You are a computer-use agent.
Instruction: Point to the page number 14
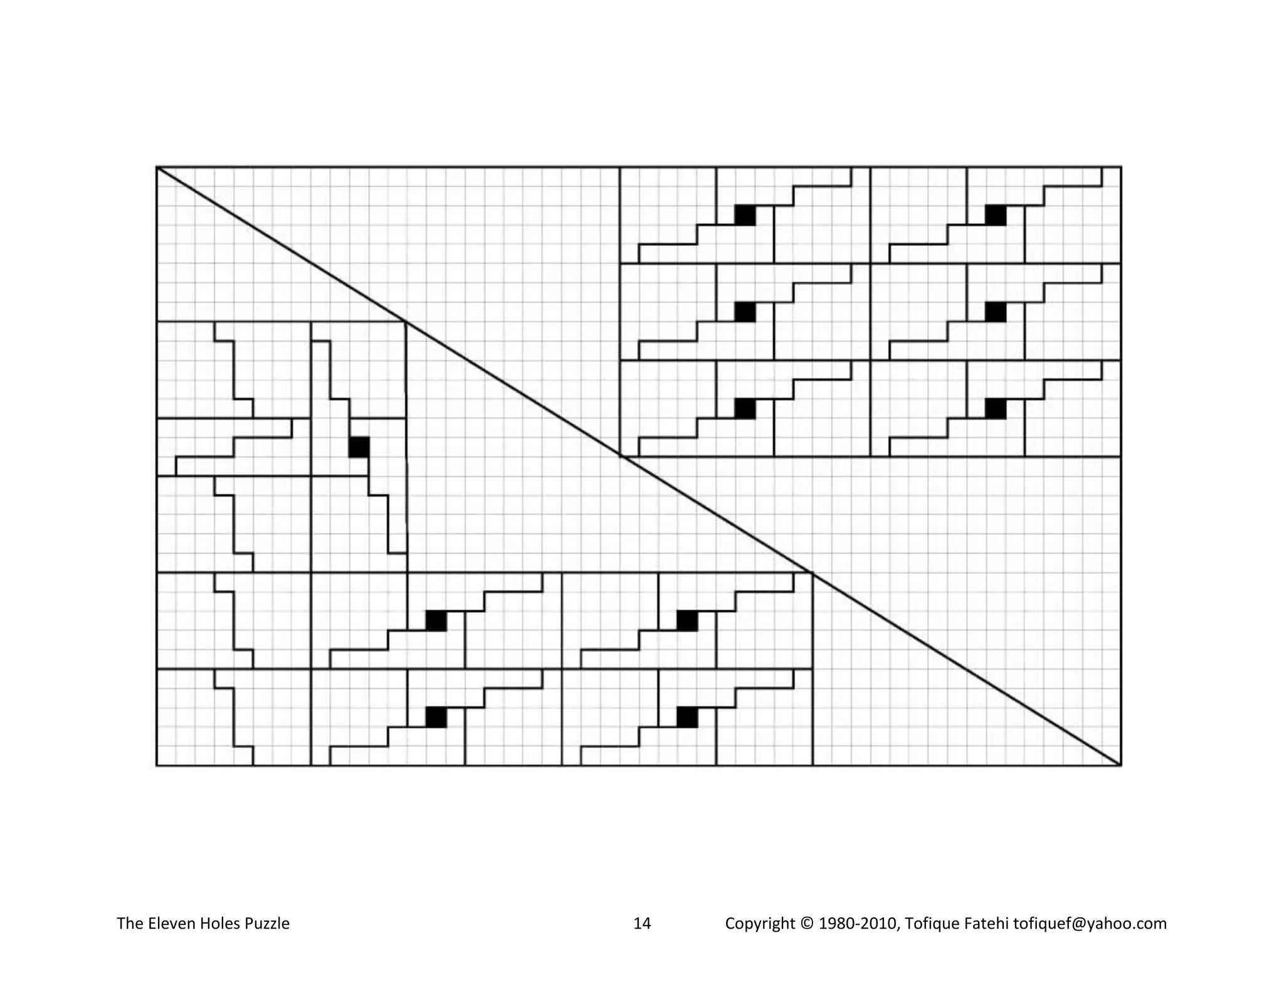click(x=642, y=924)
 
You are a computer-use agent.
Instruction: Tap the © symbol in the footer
click(x=806, y=924)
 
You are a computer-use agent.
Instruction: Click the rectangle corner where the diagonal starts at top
click(x=157, y=167)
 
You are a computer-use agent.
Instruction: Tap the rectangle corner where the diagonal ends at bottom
click(x=1120, y=765)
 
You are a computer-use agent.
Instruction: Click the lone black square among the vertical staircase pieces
click(x=359, y=447)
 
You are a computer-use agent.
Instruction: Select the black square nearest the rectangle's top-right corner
click(x=996, y=215)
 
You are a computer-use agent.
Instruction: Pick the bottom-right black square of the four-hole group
click(x=687, y=717)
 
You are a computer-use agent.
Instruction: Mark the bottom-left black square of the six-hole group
click(x=745, y=408)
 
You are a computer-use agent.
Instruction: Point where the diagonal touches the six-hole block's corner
click(x=620, y=456)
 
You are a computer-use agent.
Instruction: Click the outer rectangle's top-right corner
click(x=1120, y=167)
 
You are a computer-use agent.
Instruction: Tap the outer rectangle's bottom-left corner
click(x=157, y=765)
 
